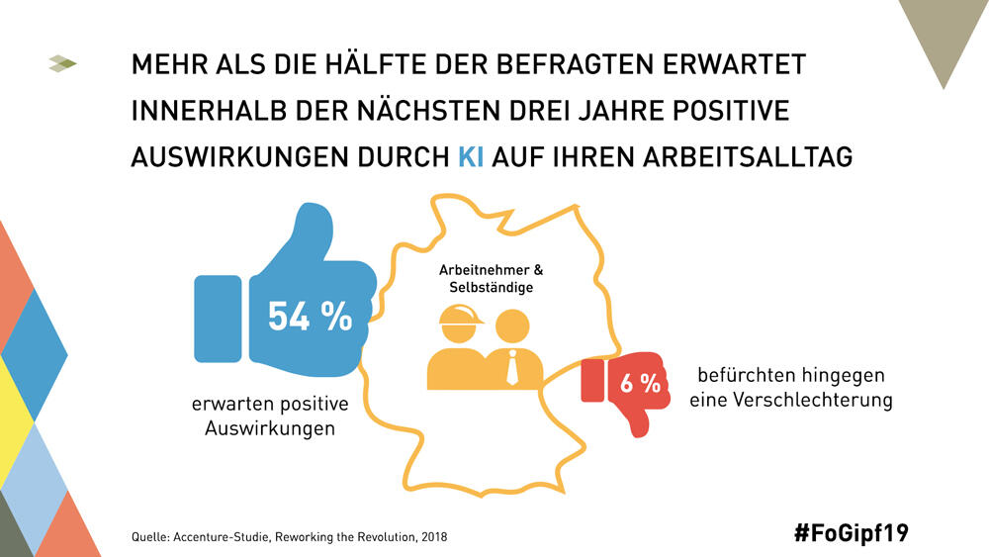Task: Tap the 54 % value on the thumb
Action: pos(310,316)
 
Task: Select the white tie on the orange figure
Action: pos(512,368)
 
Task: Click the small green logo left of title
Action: pos(62,64)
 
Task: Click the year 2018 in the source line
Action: pos(434,537)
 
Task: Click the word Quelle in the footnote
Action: pos(149,537)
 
